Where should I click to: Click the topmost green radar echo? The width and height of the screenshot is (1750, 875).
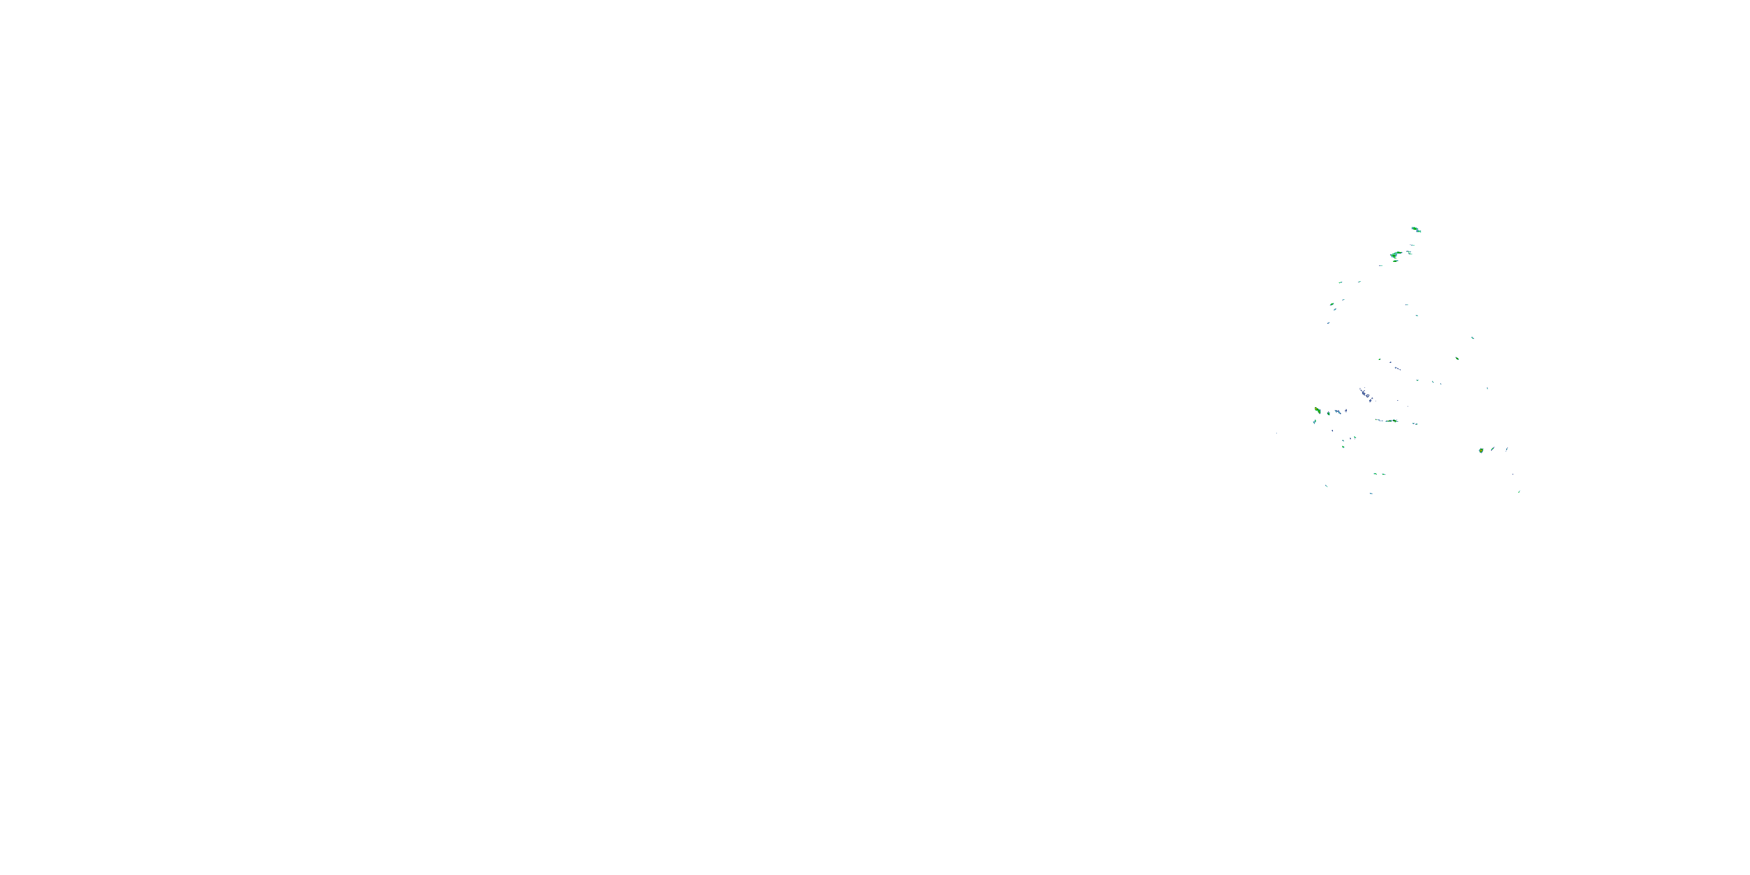coord(1416,230)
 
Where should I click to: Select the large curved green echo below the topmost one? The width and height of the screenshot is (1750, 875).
coord(1395,255)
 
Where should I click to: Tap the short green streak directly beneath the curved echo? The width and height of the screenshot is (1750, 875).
coord(1395,261)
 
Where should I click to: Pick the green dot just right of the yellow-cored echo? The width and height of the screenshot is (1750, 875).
coord(1328,413)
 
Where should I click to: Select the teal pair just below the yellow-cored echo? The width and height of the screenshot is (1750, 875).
coord(1314,422)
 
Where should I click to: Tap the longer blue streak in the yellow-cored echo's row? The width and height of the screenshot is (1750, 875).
coord(1338,412)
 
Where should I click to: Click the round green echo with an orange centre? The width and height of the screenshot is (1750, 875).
coord(1481,450)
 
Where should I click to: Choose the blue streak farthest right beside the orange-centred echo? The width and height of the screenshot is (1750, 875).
coord(1507,449)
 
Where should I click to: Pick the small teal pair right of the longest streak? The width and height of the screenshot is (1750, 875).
coord(1415,423)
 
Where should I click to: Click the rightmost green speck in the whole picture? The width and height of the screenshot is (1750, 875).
coord(1519,491)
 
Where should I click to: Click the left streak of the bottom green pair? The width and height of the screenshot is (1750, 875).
coord(1374,474)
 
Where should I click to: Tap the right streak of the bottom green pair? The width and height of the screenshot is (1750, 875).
coord(1384,474)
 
